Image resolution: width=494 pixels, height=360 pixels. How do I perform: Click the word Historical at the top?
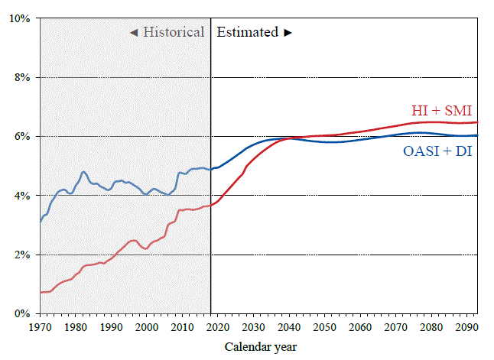point(174,32)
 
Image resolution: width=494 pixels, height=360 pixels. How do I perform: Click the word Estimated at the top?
point(248,32)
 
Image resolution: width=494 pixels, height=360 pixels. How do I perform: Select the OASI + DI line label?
point(437,151)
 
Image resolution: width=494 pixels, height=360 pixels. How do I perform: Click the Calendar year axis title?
point(262,347)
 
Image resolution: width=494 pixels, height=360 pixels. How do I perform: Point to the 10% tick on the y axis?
point(18,18)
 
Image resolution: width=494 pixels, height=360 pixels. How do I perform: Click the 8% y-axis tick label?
point(21,77)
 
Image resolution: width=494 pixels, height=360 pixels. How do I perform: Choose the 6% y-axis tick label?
point(21,136)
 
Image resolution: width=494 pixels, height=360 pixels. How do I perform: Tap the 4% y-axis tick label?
point(21,196)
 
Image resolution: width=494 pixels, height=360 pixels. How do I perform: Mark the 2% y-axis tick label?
point(21,255)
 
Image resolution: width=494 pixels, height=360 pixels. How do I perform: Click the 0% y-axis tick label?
point(21,313)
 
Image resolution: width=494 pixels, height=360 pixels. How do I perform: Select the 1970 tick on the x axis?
point(40,327)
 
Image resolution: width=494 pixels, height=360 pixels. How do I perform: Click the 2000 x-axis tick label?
point(147,327)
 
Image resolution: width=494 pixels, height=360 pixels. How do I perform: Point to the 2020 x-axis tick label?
point(218,327)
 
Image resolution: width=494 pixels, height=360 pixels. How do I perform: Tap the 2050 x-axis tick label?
point(326,327)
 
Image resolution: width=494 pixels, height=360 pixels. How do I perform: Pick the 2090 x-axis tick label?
point(468,327)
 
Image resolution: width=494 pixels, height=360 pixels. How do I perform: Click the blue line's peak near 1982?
point(83,172)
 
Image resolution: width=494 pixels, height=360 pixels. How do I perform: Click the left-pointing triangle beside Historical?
point(133,33)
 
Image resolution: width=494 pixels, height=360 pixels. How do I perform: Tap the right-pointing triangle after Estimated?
point(288,33)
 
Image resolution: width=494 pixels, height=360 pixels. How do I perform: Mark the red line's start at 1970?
point(41,292)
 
